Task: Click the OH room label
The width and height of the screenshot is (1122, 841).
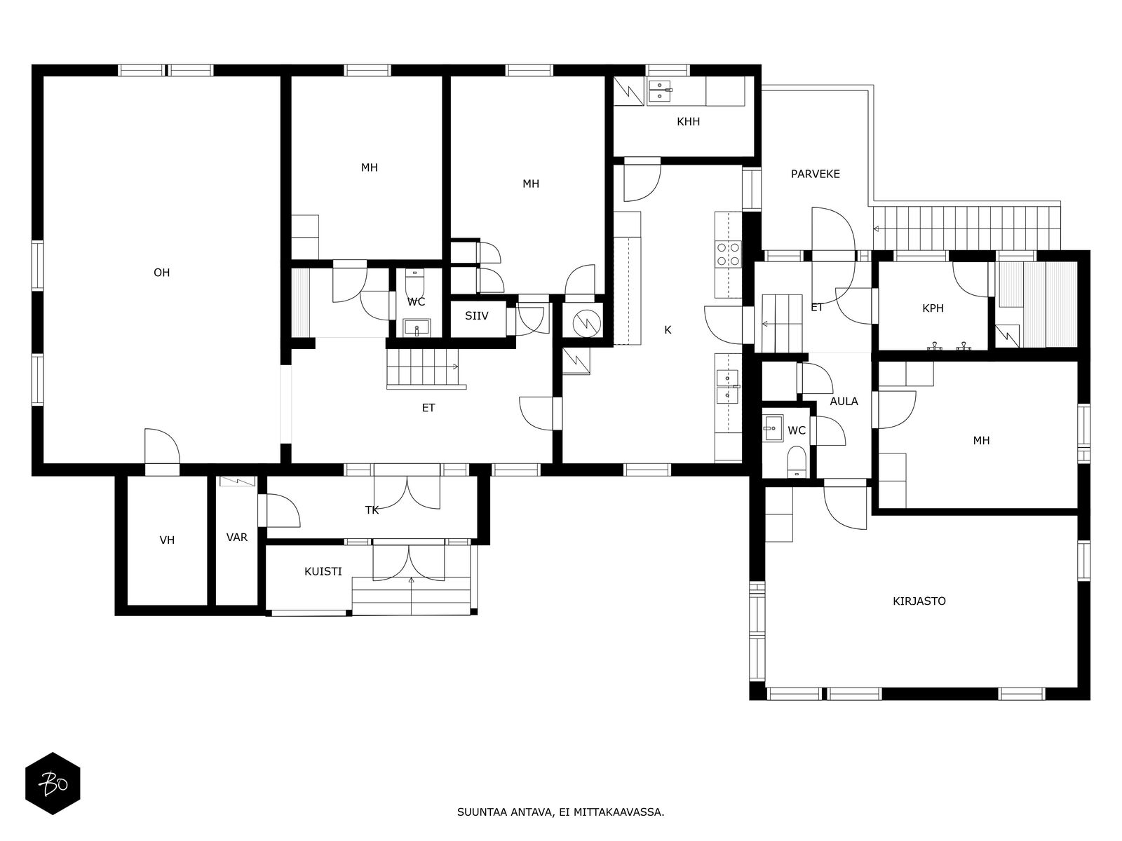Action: pos(161,273)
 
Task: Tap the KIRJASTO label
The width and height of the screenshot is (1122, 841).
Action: pos(919,601)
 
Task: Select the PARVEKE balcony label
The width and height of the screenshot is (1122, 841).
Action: pos(816,174)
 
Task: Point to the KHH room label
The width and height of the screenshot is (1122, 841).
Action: pos(688,121)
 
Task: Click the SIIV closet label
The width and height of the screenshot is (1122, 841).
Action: pos(476,316)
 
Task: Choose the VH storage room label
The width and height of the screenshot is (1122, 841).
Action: pos(167,540)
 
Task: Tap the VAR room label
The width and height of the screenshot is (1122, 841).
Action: pos(236,537)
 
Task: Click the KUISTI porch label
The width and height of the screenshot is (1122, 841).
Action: pos(323,571)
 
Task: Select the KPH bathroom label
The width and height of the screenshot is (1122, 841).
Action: pos(933,308)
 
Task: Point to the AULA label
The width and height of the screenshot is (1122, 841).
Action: pos(844,402)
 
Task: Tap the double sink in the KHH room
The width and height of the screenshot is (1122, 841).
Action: pos(660,91)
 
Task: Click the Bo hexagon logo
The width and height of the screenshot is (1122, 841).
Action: pos(53,784)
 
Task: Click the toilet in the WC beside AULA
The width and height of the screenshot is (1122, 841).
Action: pos(797,462)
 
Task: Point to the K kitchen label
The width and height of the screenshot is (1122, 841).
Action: pos(668,330)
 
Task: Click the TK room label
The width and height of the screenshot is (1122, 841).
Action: pos(372,510)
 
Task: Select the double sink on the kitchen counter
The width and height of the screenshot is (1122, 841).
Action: pos(728,387)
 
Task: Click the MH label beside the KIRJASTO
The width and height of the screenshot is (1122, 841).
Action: pos(981,441)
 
